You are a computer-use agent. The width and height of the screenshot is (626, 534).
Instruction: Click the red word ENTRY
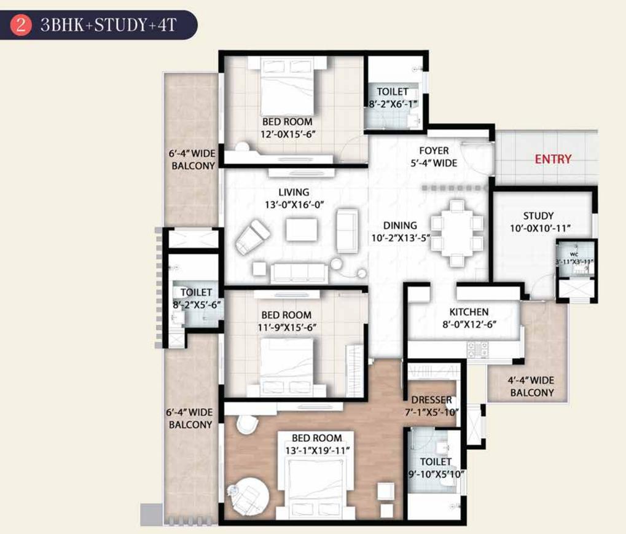click(x=553, y=159)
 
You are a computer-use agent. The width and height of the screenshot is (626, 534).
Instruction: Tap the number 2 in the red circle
click(x=23, y=26)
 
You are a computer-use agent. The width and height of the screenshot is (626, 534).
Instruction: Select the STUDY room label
click(x=538, y=216)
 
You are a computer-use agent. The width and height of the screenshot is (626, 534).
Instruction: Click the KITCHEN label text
click(x=468, y=312)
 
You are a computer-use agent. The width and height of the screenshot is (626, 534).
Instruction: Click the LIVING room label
click(x=293, y=192)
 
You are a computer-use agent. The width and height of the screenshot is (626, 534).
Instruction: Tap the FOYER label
click(x=434, y=151)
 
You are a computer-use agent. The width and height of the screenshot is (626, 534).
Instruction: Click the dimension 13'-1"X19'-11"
click(x=317, y=450)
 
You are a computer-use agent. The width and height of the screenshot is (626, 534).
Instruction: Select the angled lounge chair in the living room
click(x=252, y=236)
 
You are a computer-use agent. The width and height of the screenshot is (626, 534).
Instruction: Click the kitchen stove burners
click(x=478, y=349)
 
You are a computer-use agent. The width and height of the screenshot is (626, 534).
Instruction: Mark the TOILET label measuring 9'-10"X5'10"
click(x=436, y=461)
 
